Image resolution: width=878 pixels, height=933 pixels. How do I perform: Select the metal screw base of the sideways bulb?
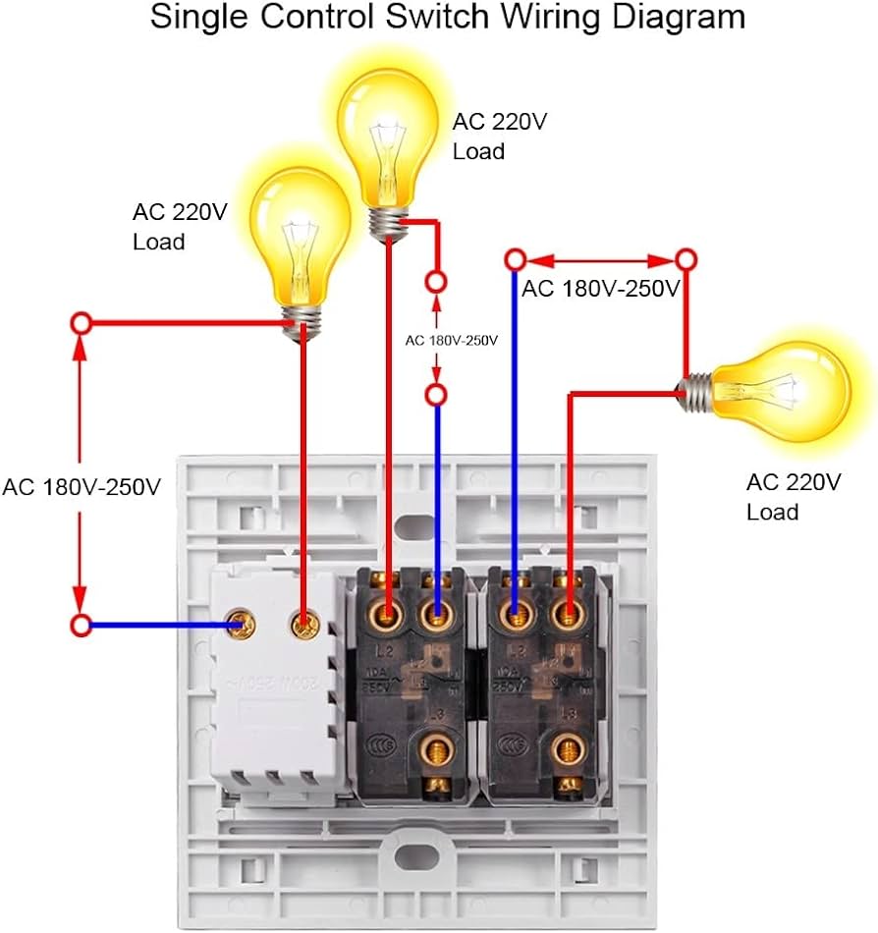coord(697,391)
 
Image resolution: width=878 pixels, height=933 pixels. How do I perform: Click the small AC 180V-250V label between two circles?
coord(452,340)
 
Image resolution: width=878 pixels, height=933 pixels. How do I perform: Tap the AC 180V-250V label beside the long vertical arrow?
coord(82,486)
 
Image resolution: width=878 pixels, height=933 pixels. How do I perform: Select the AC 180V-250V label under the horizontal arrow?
coord(600,289)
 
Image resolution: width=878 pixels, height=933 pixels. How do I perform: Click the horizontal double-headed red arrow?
coord(600,260)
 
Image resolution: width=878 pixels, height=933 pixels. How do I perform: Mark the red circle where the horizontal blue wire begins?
coord(82,624)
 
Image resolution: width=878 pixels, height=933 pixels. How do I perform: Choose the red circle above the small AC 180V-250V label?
coord(436,283)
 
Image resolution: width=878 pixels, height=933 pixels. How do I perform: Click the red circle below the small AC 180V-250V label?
coord(436,395)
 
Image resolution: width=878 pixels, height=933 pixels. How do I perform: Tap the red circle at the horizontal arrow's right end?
coord(686,260)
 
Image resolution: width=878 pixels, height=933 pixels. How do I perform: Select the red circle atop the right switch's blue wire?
coord(514,260)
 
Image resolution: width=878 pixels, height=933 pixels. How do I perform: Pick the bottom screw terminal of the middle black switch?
coord(432,752)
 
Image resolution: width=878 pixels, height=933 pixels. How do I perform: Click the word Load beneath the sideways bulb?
coord(772,512)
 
